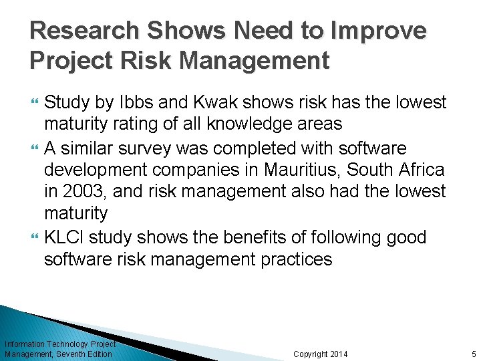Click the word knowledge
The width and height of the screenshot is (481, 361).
(x=249, y=124)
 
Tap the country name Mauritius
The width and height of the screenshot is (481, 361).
(x=283, y=169)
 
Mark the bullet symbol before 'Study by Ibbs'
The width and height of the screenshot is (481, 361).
(x=35, y=102)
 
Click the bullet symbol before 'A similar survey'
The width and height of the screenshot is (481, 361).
(x=35, y=147)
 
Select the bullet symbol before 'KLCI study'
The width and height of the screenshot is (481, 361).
(x=35, y=237)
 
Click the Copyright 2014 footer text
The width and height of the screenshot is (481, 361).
(x=321, y=354)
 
